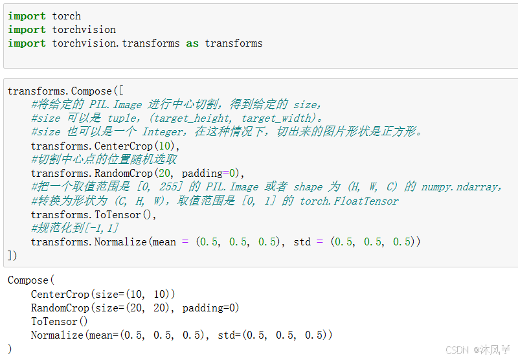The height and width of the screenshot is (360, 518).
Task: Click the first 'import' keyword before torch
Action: [x=27, y=16]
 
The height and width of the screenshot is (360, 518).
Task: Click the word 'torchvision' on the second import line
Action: [x=84, y=29]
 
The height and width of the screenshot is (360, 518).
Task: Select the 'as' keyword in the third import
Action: [x=192, y=43]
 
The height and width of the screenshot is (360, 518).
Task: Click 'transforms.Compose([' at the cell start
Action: [x=64, y=91]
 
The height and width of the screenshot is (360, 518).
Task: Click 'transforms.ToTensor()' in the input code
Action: [x=93, y=214]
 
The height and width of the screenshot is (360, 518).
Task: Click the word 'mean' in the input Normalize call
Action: [x=164, y=242]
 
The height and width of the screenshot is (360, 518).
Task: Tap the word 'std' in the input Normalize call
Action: [x=302, y=242]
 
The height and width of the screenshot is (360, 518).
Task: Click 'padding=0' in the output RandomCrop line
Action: [x=210, y=308]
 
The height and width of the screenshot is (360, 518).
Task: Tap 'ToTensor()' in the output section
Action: [x=59, y=321]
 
